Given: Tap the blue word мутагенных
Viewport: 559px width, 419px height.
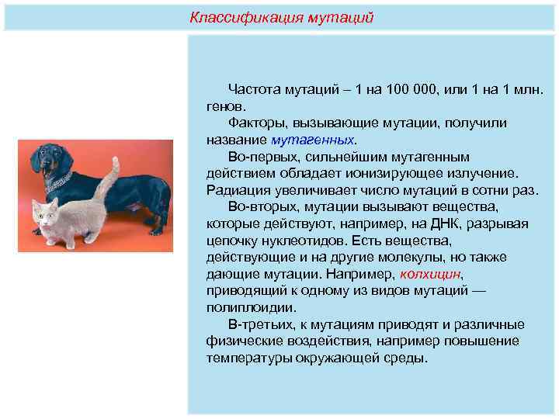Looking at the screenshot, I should coord(312,140).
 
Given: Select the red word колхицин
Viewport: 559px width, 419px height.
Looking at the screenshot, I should coord(430,274).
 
